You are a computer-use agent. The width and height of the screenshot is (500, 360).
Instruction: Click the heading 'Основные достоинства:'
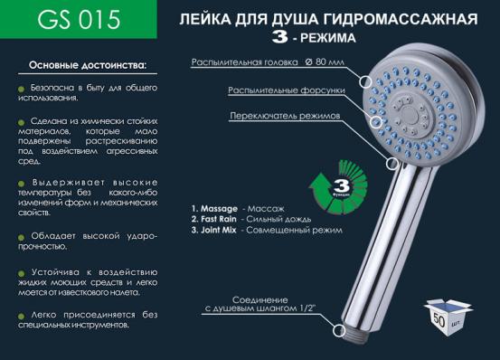(x=88, y=66)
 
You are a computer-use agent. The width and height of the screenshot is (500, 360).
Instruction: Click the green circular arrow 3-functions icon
(x=338, y=185)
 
